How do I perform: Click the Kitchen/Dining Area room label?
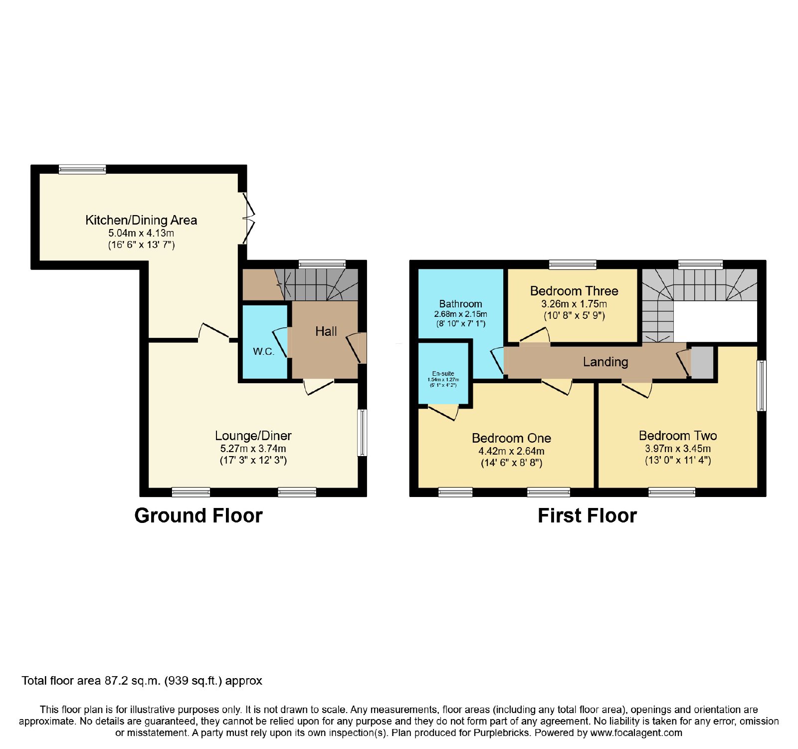tap(141, 220)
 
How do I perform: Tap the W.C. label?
tap(263, 351)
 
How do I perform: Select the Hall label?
tap(326, 331)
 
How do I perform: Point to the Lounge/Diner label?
tap(253, 436)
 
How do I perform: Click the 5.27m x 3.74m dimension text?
tap(253, 449)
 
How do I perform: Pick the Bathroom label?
tap(460, 304)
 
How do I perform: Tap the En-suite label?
tap(443, 373)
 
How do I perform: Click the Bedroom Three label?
tap(574, 291)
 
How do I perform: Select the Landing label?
tap(605, 362)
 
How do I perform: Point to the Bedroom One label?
tap(511, 438)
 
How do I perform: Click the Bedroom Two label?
tap(678, 436)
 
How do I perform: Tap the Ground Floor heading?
tap(199, 515)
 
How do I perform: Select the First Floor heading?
tap(587, 515)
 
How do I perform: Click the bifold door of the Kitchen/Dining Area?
tap(248, 218)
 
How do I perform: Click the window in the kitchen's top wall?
tap(82, 169)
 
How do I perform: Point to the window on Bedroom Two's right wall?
tap(762, 386)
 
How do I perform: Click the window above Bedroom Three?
tap(573, 264)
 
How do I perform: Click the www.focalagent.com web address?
tap(636, 733)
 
